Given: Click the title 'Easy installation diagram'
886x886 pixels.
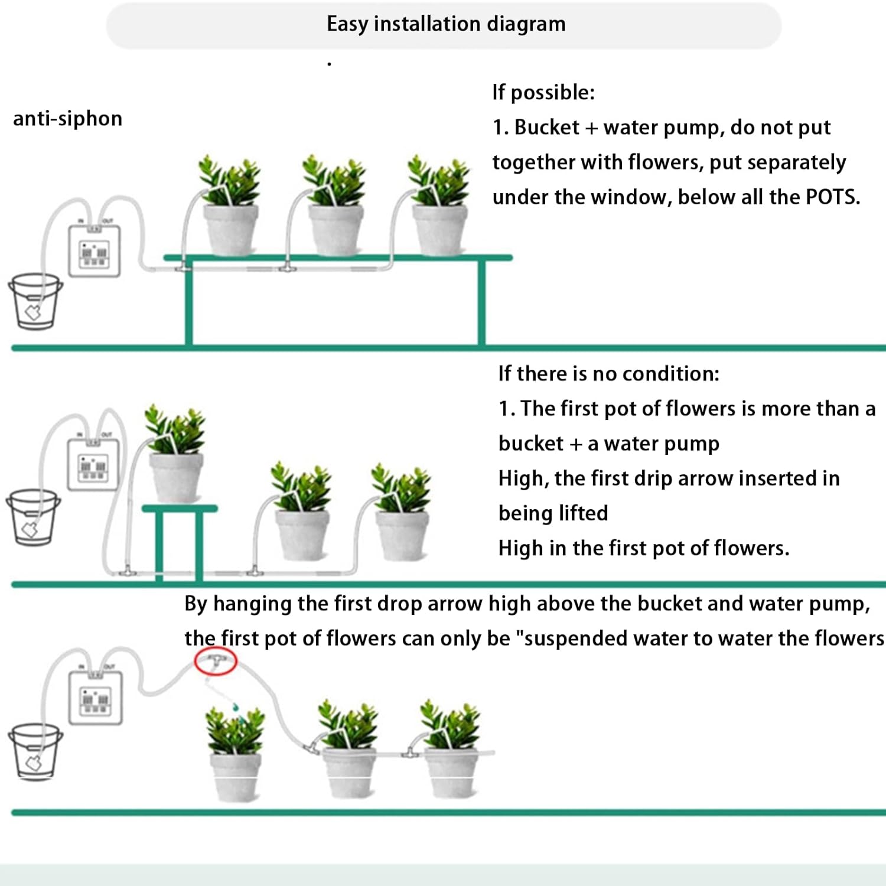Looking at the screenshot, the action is (x=446, y=24).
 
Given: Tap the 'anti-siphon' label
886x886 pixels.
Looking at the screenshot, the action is (x=67, y=119).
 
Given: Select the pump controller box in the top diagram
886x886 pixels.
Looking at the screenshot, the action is (x=95, y=252).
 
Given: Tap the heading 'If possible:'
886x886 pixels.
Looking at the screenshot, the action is (x=543, y=93).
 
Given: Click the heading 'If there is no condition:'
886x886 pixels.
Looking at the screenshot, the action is (x=609, y=374).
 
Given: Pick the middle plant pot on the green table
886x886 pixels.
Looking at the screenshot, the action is (x=336, y=230).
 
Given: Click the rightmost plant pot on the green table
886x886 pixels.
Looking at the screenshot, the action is (x=440, y=230).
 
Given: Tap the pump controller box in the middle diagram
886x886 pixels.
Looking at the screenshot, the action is (x=93, y=465).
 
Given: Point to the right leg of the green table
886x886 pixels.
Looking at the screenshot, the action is (x=481, y=302).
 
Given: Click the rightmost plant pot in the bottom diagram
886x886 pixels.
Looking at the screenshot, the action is (x=452, y=774).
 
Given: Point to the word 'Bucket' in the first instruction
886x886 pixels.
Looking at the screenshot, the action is (x=547, y=128).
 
